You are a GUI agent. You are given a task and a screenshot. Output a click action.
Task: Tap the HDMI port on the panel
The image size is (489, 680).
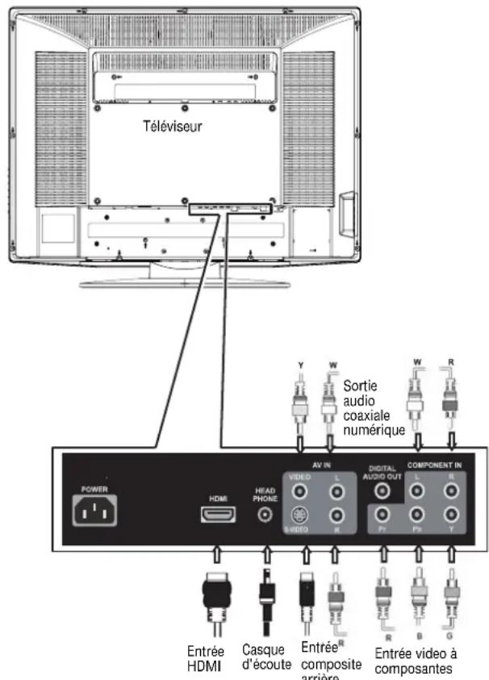pyautogui.click(x=217, y=513)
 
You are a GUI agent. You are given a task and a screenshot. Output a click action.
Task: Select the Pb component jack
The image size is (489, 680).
pyautogui.click(x=417, y=514)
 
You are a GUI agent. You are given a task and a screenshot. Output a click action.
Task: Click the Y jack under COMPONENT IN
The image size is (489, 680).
pyautogui.click(x=452, y=514)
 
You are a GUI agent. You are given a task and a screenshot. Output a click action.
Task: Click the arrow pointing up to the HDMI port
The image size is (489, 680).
pyautogui.click(x=216, y=552)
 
